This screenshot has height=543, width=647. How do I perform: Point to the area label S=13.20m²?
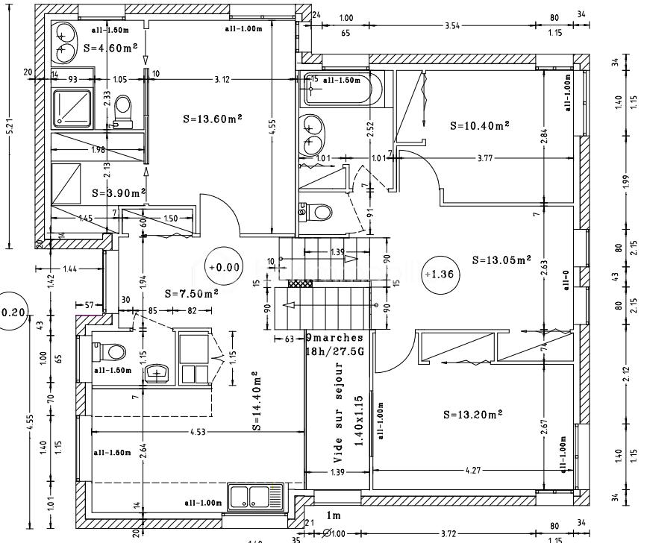(x=472, y=414)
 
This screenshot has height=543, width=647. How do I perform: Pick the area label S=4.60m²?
(x=110, y=48)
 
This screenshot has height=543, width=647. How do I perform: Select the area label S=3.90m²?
(x=118, y=192)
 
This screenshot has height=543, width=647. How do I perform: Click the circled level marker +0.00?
(x=225, y=266)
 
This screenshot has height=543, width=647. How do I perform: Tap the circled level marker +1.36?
(x=440, y=274)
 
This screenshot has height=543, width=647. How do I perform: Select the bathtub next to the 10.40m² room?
(x=337, y=90)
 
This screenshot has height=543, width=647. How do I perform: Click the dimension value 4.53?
(x=198, y=430)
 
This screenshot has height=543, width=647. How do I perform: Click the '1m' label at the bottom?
(x=334, y=516)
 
